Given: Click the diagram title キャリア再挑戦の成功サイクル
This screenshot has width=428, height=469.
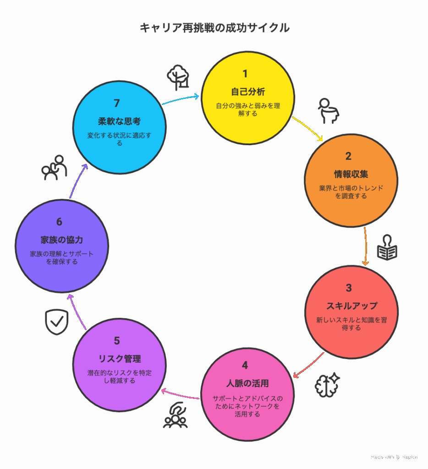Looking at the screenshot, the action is (214, 28).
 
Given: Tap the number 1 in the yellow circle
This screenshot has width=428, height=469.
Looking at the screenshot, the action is (245, 74).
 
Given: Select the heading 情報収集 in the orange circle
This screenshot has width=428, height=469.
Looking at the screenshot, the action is (351, 174).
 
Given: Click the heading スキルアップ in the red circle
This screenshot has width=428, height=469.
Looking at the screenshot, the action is (351, 305).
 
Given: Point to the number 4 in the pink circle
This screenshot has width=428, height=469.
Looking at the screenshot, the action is (245, 365).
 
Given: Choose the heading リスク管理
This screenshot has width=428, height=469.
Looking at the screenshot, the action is (120, 359).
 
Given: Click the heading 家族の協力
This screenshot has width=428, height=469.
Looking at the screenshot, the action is (62, 240).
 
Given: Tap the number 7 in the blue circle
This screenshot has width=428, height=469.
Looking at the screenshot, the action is (117, 103).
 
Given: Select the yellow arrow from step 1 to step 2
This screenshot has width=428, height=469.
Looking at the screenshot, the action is (307, 128).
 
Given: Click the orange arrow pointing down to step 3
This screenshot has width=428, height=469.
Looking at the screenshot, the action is (365, 246).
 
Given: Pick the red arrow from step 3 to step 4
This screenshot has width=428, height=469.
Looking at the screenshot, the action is (308, 365).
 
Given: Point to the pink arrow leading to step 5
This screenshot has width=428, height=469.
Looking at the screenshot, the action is (180, 395).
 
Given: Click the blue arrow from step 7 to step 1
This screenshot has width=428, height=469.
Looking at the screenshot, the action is (181, 99).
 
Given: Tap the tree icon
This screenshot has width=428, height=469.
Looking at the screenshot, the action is (178, 77).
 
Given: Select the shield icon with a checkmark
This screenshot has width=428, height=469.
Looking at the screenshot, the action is (56, 322).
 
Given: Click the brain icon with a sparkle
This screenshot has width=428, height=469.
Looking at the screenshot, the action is (327, 385).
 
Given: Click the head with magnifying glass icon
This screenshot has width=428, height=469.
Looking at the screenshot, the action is (329, 111).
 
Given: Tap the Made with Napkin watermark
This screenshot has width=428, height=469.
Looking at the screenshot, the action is (394, 457).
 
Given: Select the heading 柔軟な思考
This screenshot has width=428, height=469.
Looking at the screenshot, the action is (120, 121).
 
